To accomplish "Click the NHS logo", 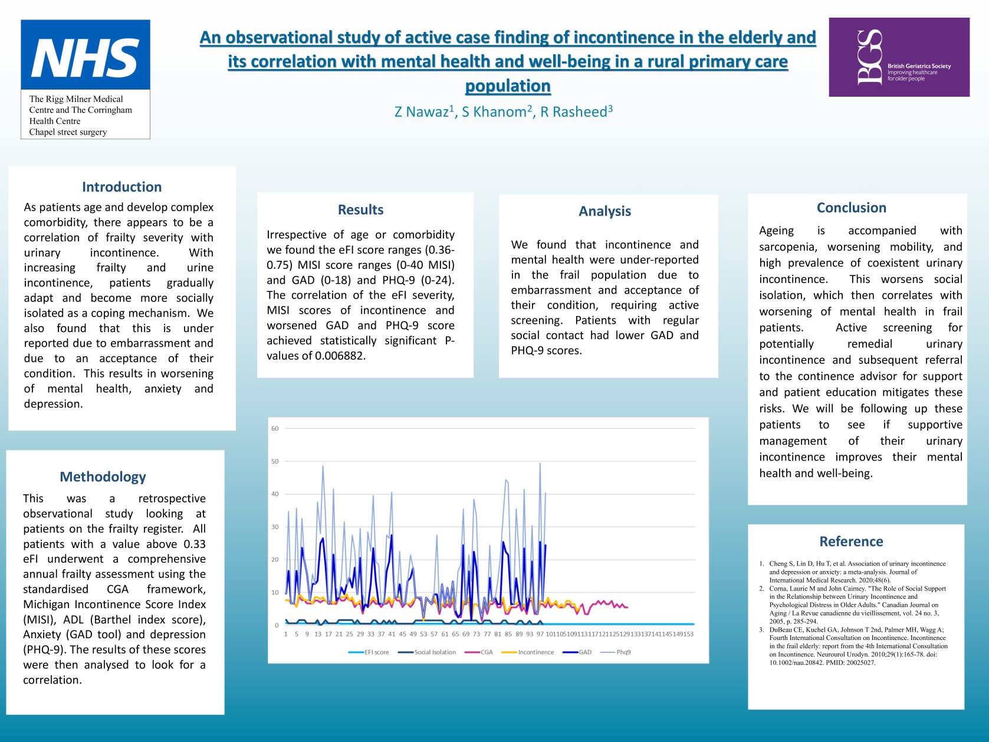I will pos(86,56).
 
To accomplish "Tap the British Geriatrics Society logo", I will pos(899,57).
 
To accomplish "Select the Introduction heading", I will pos(121,187).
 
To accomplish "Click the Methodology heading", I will pos(103,477).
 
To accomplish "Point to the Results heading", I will pos(360,210).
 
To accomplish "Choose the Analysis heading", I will pos(604,211).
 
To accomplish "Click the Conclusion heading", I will pos(851,208).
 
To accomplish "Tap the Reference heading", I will pos(851,541).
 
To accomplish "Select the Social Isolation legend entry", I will pos(435,652).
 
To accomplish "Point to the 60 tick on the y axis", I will pos(275,429).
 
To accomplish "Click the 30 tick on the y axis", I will pos(275,527).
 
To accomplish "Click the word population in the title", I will pos(508,86).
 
